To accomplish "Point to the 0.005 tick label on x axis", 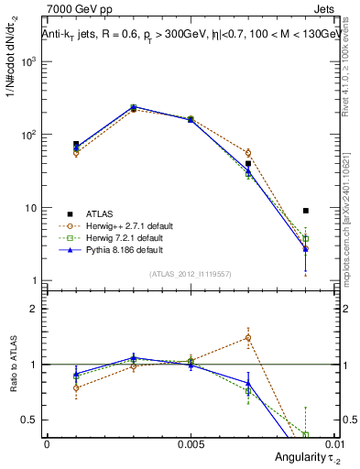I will pos(190,442).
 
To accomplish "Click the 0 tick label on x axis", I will pos(47,442).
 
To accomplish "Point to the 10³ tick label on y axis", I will pos(27,61).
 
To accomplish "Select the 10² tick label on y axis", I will pos(27,135).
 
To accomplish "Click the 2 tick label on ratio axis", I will pos(33,309).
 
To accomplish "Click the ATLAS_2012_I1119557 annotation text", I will pos(190,274).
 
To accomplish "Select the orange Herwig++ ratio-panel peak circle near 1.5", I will pos(248,337).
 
